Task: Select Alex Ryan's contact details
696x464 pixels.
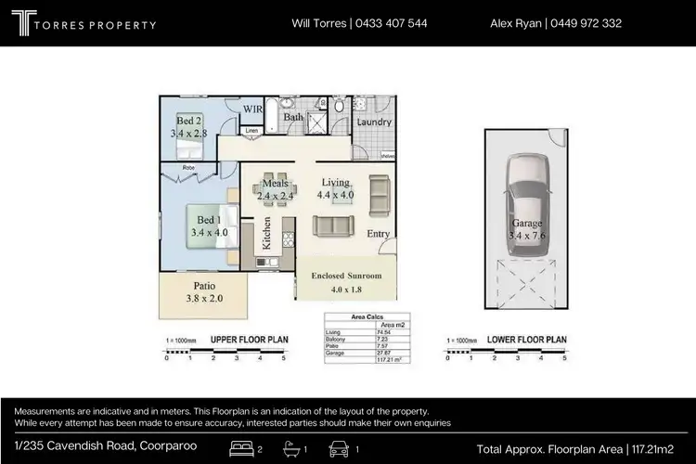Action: (x=555, y=23)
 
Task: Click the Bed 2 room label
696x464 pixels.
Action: (x=188, y=122)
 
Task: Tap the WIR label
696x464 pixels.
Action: (x=252, y=110)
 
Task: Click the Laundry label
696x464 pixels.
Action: (x=374, y=122)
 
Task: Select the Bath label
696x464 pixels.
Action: (x=293, y=117)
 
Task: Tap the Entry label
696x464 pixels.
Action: (x=379, y=234)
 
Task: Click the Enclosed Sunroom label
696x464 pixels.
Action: (x=345, y=276)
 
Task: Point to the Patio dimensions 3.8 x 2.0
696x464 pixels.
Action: (x=204, y=299)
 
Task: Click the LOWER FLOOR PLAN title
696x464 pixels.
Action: (x=528, y=340)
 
